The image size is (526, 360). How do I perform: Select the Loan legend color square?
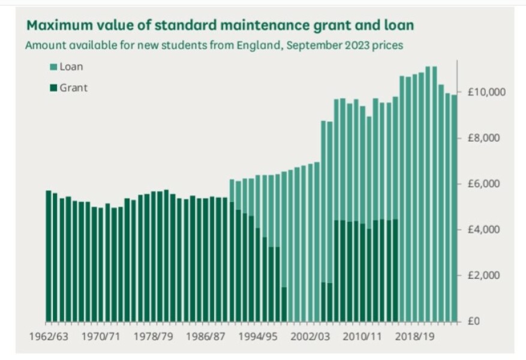(x=53, y=67)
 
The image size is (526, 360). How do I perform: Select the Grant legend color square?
(x=53, y=88)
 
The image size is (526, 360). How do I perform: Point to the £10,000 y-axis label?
(x=482, y=92)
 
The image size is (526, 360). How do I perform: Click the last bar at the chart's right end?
(x=454, y=210)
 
